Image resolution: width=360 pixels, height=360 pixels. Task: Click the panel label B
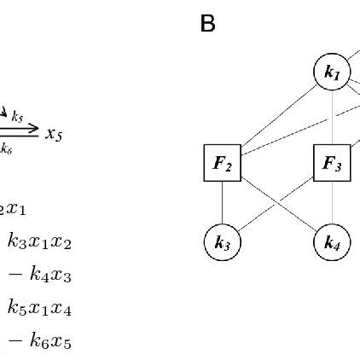207,24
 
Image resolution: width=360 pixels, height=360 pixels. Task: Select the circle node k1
332,73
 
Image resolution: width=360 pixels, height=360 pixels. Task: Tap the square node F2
222,163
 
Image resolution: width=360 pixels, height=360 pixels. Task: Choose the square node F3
332,163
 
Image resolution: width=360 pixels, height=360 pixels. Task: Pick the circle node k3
222,243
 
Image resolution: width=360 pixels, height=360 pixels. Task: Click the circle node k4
332,243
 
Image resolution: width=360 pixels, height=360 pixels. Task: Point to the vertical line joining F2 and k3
222,203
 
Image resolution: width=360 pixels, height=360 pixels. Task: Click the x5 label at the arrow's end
54,134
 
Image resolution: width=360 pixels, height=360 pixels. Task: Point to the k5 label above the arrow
17,117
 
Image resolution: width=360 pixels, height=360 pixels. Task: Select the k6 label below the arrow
7,148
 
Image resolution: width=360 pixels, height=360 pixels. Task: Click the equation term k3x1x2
39,242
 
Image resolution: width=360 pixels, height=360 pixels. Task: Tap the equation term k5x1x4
39,308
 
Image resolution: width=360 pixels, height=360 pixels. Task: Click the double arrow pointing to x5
20,131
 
